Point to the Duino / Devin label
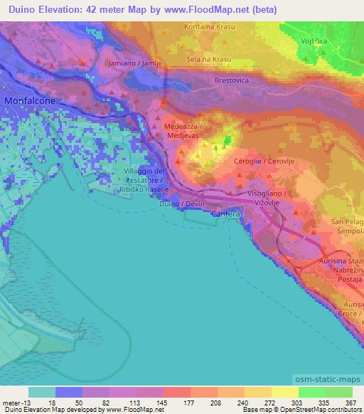(182, 204)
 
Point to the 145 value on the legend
(150, 403)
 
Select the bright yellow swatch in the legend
(284, 392)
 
